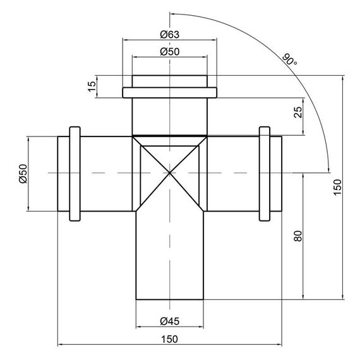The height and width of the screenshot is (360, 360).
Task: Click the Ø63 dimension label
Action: (x=170, y=35)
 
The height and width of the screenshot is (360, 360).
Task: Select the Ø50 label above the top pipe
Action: (x=170, y=52)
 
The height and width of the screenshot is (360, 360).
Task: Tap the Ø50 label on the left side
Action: (x=23, y=174)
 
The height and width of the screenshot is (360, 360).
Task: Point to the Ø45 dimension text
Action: (x=170, y=321)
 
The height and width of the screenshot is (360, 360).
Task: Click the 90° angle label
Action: (x=289, y=59)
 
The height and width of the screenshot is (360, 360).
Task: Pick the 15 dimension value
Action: (x=92, y=87)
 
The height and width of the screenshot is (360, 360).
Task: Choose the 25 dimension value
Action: (x=298, y=112)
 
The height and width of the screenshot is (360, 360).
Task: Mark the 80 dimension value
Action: (x=298, y=236)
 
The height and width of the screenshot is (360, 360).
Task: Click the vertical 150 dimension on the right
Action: (x=337, y=188)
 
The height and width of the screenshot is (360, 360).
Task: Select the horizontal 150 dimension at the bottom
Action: (x=169, y=339)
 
